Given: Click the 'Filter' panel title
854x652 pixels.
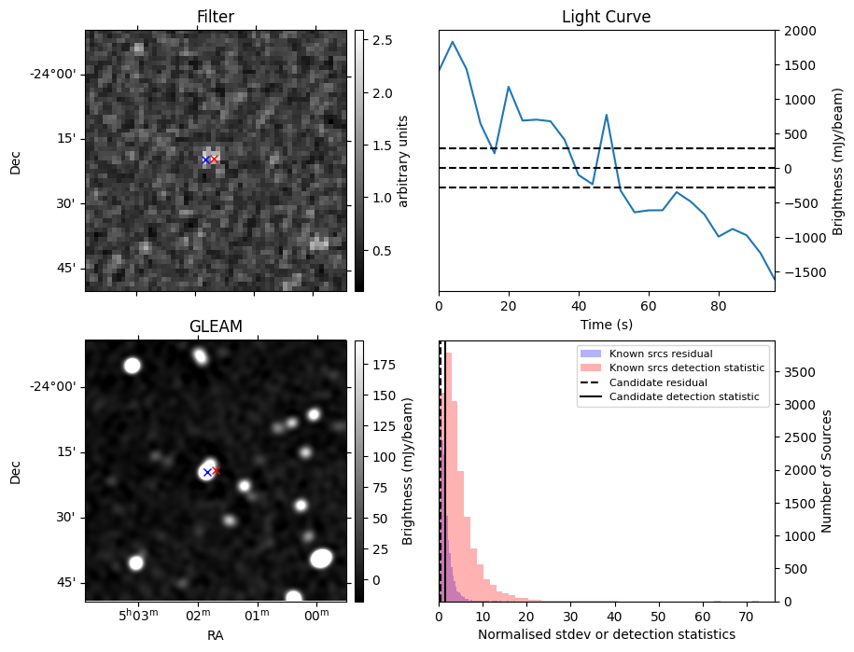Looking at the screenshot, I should pyautogui.click(x=216, y=17).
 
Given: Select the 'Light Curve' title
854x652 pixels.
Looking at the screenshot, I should pyautogui.click(x=606, y=17).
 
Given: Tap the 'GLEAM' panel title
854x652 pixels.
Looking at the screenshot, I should pyautogui.click(x=216, y=326).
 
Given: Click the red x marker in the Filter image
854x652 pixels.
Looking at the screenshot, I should pyautogui.click(x=214, y=160).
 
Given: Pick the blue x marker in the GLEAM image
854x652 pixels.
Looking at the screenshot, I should pyautogui.click(x=207, y=473).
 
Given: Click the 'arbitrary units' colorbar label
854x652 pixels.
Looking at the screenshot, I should pyautogui.click(x=403, y=160).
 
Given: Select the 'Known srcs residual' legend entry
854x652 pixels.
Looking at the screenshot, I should pyautogui.click(x=660, y=354).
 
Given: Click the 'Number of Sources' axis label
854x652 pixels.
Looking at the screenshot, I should pyautogui.click(x=826, y=470).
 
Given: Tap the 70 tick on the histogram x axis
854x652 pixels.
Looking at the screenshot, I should pyautogui.click(x=746, y=616).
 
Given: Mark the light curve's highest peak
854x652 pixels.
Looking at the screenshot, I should pyautogui.click(x=453, y=42).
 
